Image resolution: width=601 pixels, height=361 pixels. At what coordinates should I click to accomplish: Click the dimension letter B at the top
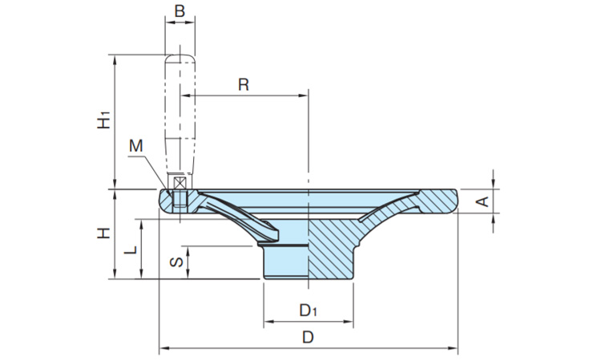click(x=179, y=11)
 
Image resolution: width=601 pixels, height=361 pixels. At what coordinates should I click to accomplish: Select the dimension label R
click(x=244, y=84)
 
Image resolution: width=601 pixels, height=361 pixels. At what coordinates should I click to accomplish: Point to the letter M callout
click(x=136, y=146)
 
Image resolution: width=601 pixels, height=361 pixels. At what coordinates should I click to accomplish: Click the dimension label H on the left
click(x=103, y=233)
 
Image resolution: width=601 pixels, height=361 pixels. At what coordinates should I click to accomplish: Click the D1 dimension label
click(x=309, y=310)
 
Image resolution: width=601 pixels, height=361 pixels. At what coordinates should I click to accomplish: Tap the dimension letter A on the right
click(x=482, y=201)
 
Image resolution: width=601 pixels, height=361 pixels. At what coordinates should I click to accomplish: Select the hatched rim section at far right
click(x=439, y=200)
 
